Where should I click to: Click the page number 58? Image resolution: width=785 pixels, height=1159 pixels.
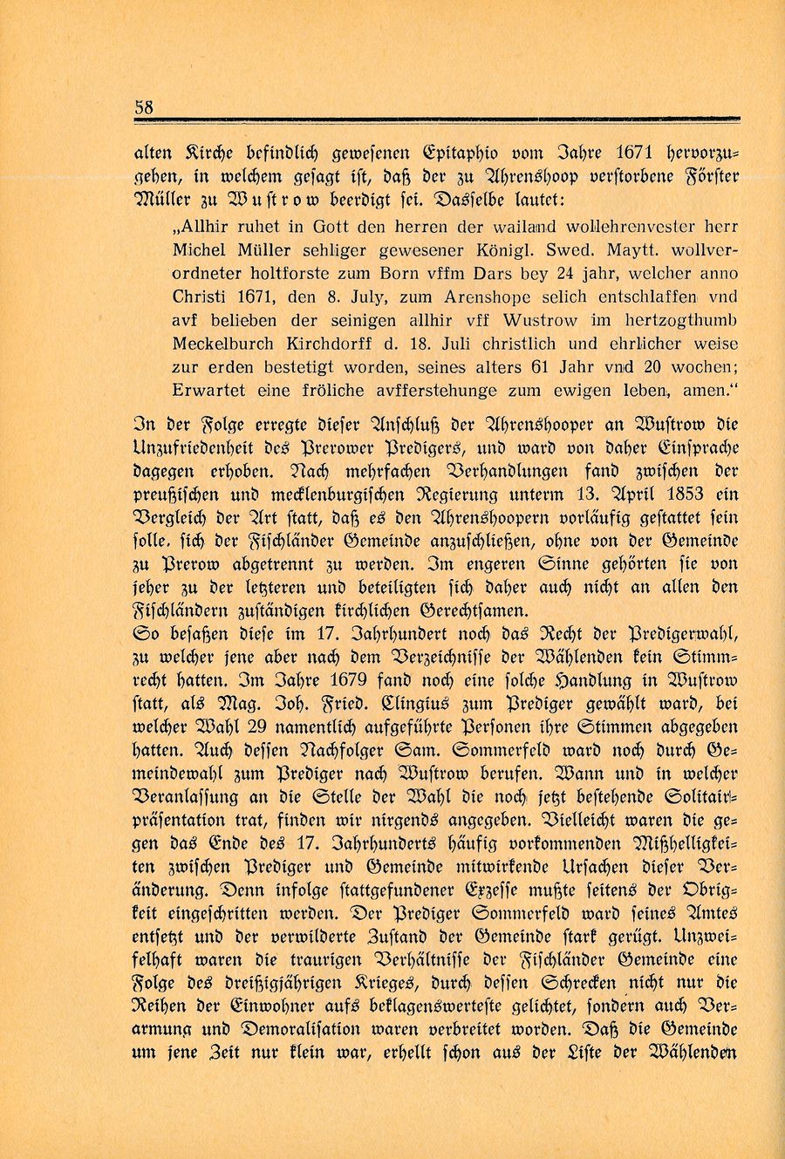pos(145,106)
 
